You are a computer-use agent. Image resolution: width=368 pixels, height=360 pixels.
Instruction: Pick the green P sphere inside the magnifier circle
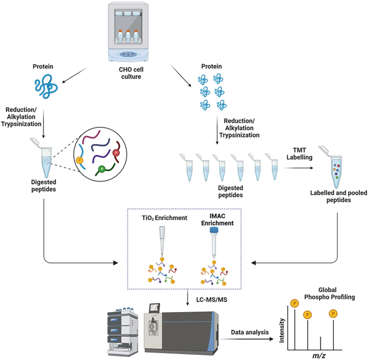coord(101,170)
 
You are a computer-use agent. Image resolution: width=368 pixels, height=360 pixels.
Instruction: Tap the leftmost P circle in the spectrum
coord(294,304)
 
